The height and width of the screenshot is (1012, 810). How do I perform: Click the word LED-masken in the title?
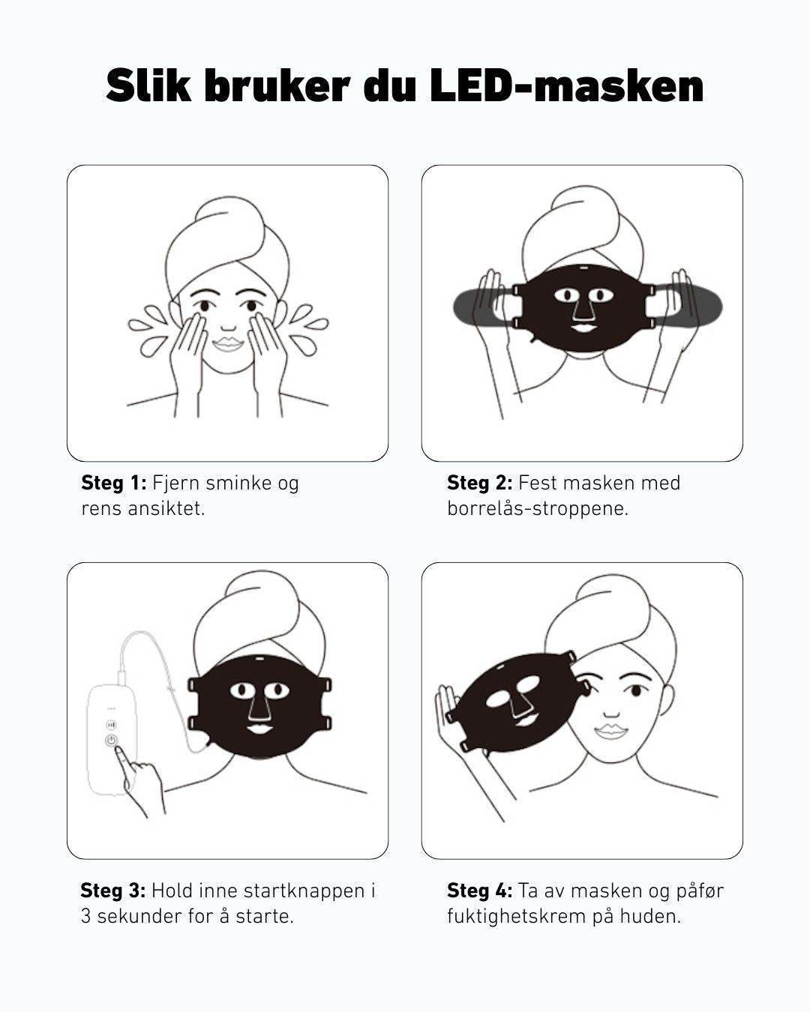click(x=567, y=85)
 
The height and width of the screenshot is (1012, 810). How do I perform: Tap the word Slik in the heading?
click(x=148, y=85)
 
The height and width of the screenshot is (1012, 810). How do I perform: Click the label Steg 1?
click(x=114, y=483)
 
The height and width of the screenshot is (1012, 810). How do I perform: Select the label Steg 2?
click(x=479, y=483)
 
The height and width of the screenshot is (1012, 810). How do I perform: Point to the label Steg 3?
click(x=113, y=891)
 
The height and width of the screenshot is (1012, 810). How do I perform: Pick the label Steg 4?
click(x=479, y=891)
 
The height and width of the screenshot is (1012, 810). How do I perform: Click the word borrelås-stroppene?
click(x=538, y=509)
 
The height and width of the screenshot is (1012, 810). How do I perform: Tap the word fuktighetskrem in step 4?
click(x=516, y=916)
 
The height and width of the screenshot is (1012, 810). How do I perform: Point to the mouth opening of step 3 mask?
click(x=257, y=728)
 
